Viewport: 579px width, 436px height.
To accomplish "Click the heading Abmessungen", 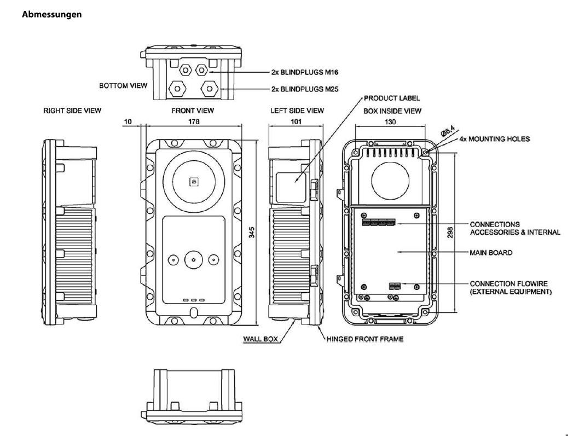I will tap(51, 15).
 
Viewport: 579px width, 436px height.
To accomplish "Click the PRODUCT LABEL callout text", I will tap(392, 98).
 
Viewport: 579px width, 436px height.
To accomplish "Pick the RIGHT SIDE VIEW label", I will tap(72, 111).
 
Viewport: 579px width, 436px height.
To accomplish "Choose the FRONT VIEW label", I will tap(193, 111).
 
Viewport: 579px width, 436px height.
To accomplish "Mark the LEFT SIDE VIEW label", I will tap(297, 111).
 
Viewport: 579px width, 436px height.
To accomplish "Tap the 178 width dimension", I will tap(193, 121).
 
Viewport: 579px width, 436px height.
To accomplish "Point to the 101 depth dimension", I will tap(296, 121).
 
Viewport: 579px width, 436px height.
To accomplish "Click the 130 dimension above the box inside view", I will tap(390, 121).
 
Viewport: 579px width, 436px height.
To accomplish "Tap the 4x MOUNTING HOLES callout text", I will tap(495, 139).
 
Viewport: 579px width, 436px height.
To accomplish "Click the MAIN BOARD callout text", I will tap(491, 253).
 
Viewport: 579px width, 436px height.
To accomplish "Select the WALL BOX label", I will tap(261, 339).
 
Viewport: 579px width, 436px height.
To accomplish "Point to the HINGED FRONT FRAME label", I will tap(364, 339).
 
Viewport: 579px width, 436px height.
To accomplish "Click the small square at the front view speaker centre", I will tap(193, 181).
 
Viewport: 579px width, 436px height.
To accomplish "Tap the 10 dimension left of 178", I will tap(128, 121).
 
